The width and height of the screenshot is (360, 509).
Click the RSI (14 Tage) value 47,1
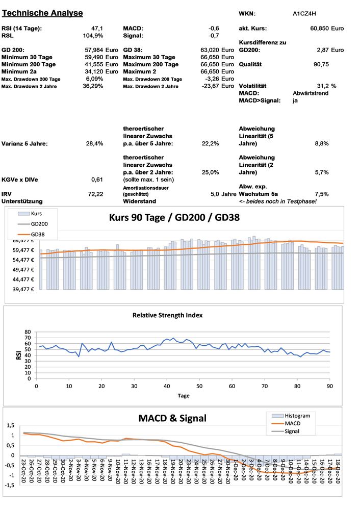pyautogui.click(x=97, y=29)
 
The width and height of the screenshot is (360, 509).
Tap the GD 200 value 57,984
pyautogui.click(x=94, y=50)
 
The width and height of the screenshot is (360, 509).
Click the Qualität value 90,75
pyautogui.click(x=321, y=65)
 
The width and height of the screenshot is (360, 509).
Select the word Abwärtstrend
pyautogui.click(x=311, y=94)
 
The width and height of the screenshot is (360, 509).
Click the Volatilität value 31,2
pyautogui.click(x=323, y=86)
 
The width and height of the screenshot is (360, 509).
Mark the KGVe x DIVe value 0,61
pyautogui.click(x=97, y=180)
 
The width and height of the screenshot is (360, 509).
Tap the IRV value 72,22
pyautogui.click(x=95, y=194)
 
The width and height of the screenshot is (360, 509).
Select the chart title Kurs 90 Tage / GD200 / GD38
pyautogui.click(x=175, y=217)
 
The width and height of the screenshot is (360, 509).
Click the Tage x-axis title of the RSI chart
pyautogui.click(x=184, y=395)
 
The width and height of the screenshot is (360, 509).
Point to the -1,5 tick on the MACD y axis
pyautogui.click(x=9, y=485)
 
